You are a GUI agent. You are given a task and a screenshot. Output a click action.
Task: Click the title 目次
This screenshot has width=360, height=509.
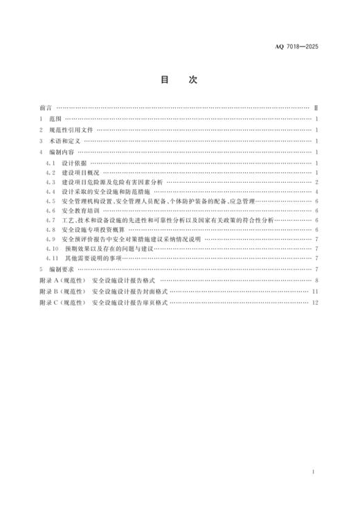pos(179,80)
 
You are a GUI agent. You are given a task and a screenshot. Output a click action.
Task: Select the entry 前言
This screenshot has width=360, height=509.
pos(46,109)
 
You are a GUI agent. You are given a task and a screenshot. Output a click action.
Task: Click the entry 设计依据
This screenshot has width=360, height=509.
pos(73,161)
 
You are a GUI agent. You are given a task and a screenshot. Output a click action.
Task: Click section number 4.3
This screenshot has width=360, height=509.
pos(49,181)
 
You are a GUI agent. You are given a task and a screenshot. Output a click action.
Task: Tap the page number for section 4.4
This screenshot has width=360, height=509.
pos(316,190)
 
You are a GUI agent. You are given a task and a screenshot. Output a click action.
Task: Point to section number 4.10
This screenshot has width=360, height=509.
pos(51,248)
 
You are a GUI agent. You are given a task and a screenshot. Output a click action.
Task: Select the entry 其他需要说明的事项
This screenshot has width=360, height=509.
pos(93,258)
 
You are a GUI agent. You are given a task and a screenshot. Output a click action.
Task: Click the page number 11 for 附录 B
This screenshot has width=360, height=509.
pos(315,292)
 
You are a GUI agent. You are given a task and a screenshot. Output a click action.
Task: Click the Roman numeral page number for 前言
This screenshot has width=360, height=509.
pos(316,109)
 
